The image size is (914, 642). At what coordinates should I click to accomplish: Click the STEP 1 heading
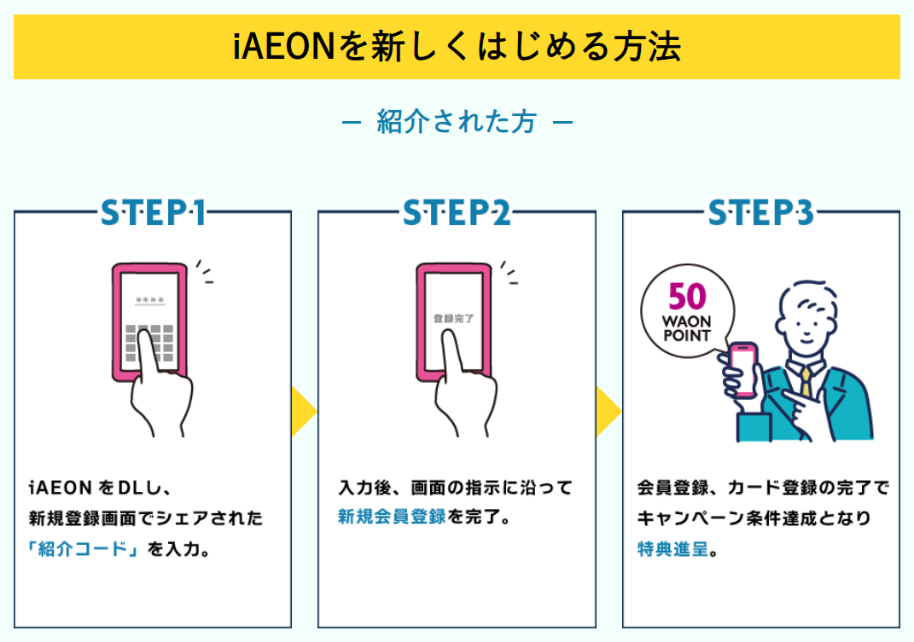click(153, 212)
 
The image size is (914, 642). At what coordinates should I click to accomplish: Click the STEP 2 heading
click(457, 212)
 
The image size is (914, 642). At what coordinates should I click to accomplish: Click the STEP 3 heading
click(760, 212)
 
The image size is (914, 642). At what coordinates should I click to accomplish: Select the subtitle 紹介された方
click(457, 122)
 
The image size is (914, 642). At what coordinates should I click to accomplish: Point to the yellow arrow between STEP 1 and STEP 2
click(303, 412)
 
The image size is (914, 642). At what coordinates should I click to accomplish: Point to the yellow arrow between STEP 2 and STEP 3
click(608, 412)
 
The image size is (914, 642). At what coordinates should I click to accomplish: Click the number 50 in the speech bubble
click(688, 298)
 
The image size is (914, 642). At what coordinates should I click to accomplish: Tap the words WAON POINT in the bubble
click(687, 329)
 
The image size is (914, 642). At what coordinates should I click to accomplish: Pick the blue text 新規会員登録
click(392, 516)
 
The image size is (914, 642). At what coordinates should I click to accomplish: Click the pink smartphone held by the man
click(742, 368)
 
